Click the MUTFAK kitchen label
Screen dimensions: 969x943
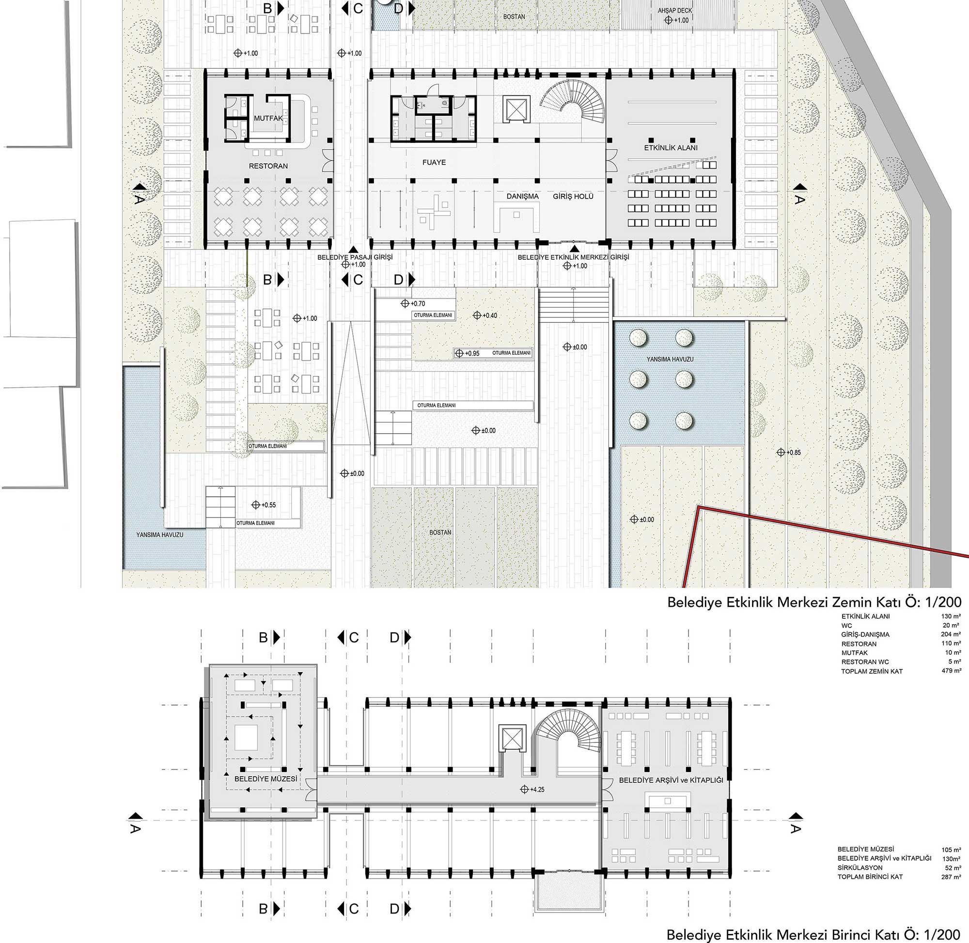click(268, 118)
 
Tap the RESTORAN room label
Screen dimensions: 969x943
click(268, 166)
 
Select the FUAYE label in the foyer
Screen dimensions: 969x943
click(434, 162)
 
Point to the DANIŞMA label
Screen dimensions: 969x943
click(522, 196)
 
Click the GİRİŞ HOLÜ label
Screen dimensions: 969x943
click(573, 196)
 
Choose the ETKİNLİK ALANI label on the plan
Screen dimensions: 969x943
click(671, 148)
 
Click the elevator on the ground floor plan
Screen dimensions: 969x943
click(516, 108)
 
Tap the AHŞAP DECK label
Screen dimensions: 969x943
click(675, 10)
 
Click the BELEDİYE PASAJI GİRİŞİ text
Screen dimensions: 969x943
click(355, 257)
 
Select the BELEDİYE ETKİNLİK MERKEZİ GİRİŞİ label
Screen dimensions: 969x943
click(573, 257)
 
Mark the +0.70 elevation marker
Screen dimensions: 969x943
click(413, 303)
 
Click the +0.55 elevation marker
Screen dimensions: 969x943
click(264, 504)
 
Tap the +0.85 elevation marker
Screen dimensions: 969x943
click(788, 452)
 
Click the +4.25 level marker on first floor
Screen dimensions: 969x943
click(532, 789)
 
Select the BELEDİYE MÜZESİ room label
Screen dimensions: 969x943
click(266, 779)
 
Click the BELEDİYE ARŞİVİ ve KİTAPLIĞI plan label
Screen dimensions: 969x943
click(671, 780)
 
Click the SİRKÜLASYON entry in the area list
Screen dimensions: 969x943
click(860, 868)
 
